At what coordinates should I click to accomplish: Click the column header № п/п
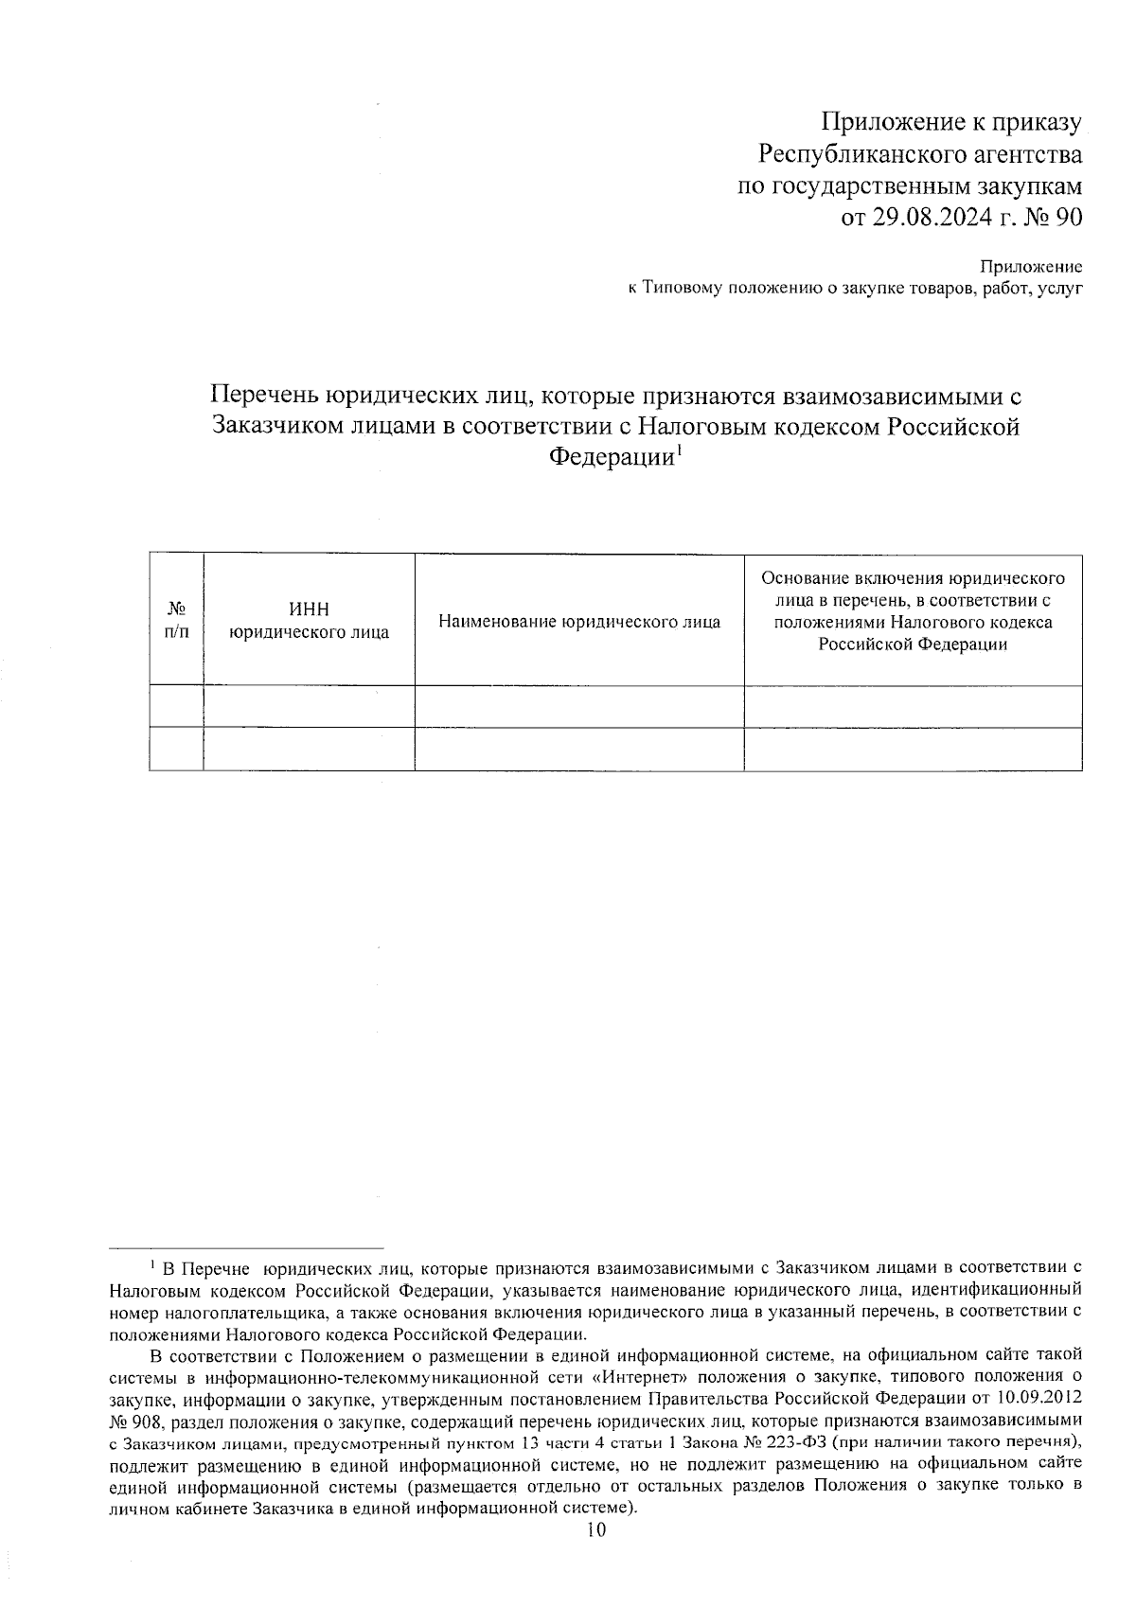tap(176, 621)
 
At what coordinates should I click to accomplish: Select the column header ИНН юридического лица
tap(310, 621)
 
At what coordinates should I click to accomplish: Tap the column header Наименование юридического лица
tap(579, 622)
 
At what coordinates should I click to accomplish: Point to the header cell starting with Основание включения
tap(913, 611)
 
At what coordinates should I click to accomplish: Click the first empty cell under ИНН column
tap(310, 706)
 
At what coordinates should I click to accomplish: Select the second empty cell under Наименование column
tap(579, 749)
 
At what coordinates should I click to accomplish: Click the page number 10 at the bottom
tap(595, 1531)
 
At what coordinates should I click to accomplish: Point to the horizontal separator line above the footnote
tap(246, 1248)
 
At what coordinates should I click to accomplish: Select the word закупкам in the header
tap(1033, 186)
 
